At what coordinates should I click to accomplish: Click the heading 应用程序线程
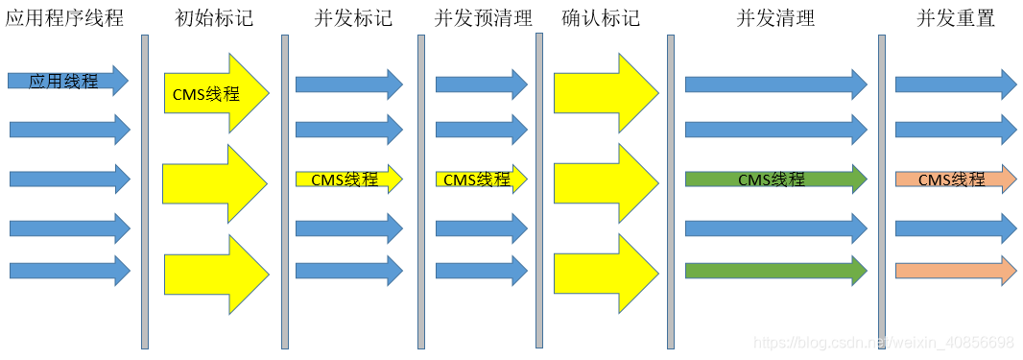coord(64,17)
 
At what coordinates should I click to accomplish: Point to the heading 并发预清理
coord(483,17)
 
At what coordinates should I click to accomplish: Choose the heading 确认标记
coord(601,17)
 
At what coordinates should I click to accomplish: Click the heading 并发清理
coord(774,17)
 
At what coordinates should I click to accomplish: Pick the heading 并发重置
coord(956,17)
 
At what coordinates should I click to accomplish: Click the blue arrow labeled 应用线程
coord(67,82)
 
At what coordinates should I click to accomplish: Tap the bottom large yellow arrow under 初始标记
coord(213,275)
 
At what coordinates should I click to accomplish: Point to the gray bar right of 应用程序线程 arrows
coord(145,192)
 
